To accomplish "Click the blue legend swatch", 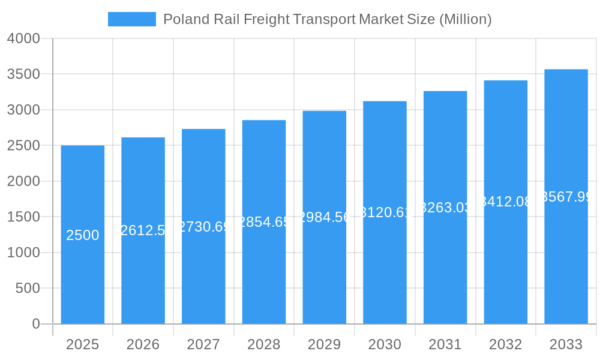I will tap(131, 19).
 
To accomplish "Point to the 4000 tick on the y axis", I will tap(23, 38).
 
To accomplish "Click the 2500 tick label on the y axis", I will tap(23, 145).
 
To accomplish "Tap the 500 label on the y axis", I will tap(28, 288).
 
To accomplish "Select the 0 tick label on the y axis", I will tap(35, 324).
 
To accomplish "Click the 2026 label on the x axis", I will tap(143, 344).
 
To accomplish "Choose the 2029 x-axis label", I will tap(324, 344).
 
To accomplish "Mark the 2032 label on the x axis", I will tap(505, 344).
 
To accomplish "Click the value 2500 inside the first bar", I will tap(83, 235).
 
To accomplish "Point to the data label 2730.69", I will tap(204, 227).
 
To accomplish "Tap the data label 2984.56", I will tap(325, 217).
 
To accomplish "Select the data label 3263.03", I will tap(445, 208).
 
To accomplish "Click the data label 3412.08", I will tap(506, 202).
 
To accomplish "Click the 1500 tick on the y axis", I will tap(23, 217).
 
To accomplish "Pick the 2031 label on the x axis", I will tap(445, 344).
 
